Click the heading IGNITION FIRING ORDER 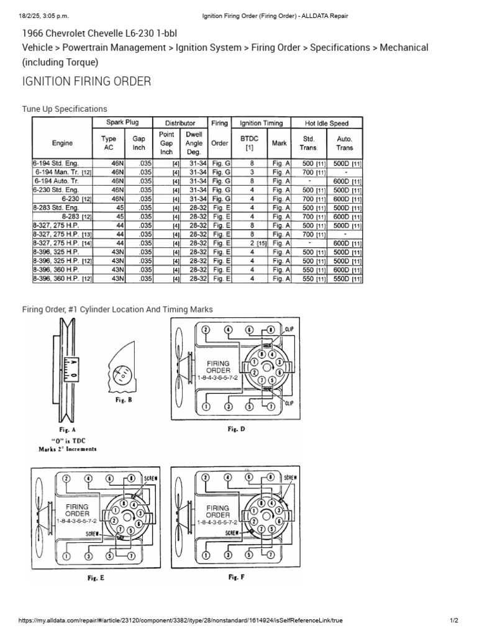pyautogui.click(x=86, y=82)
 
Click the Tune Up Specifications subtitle pyautogui.click(x=65, y=109)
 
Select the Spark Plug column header pyautogui.click(x=122, y=123)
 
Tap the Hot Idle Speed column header pyautogui.click(x=327, y=123)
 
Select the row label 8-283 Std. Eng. pyautogui.click(x=55, y=207)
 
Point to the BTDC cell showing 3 pyautogui.click(x=252, y=172)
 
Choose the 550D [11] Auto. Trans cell pyautogui.click(x=346, y=279)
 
